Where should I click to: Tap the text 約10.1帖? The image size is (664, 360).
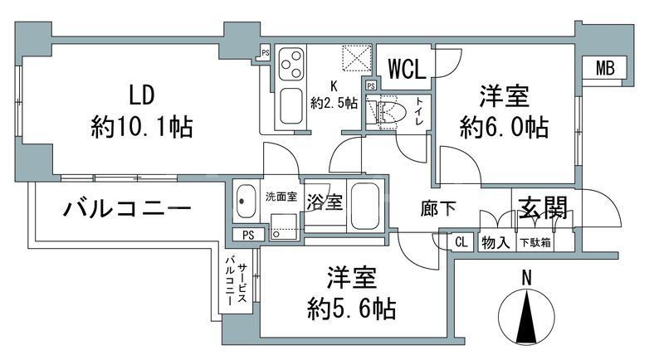tap(142, 126)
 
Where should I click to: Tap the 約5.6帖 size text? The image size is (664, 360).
tap(348, 309)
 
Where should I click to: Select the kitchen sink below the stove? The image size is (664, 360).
tap(292, 105)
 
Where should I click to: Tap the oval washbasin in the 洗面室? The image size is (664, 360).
tap(247, 201)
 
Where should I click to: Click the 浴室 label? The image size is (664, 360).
tap(325, 202)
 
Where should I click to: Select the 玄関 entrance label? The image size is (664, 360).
tap(544, 207)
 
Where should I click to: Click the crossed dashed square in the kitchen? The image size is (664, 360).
tap(362, 60)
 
